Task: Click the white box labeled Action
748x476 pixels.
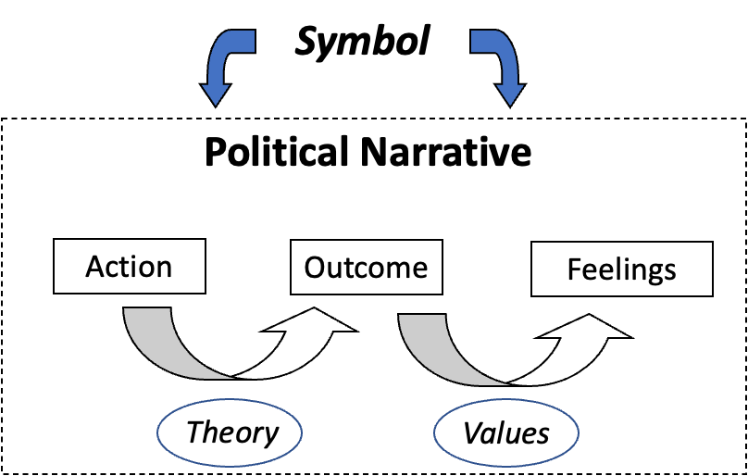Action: tap(129, 267)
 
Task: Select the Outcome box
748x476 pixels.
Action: tap(366, 269)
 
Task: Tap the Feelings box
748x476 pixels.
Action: tap(621, 270)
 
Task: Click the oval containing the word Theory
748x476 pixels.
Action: tap(232, 432)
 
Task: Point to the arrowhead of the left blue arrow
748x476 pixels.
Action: tap(216, 93)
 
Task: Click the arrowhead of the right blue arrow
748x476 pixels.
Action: tap(509, 93)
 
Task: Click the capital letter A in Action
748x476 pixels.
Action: tap(95, 267)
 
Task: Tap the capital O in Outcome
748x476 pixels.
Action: tap(316, 269)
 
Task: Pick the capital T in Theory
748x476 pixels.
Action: tap(195, 432)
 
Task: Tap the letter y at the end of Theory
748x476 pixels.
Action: tap(269, 435)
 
